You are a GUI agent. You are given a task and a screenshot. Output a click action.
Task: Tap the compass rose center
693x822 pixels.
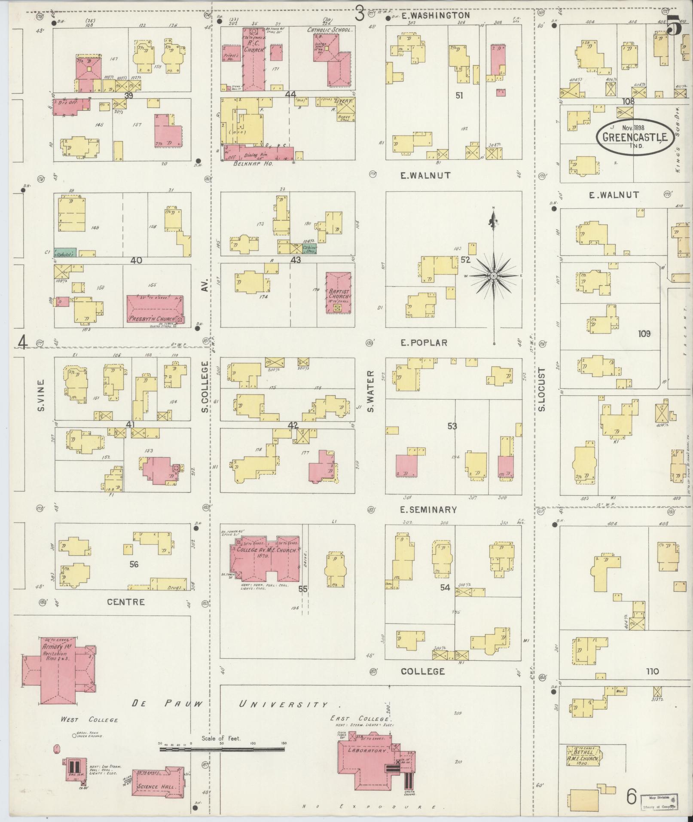(494, 275)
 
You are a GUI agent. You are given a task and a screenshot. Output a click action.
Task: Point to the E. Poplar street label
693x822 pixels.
(424, 342)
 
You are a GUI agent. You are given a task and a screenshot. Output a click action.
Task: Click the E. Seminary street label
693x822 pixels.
(428, 510)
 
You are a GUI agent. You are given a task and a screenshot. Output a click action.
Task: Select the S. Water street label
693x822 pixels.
(371, 391)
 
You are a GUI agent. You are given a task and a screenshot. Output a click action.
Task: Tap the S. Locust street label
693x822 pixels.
(541, 389)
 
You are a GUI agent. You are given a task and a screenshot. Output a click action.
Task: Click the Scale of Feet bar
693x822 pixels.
(222, 749)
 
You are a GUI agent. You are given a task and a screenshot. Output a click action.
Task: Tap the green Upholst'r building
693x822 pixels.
(65, 253)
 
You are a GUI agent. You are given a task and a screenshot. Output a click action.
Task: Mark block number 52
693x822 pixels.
(465, 260)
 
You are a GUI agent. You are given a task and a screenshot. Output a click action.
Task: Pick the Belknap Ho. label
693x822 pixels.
(253, 164)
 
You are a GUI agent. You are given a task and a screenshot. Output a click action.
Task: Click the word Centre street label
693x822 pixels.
(126, 602)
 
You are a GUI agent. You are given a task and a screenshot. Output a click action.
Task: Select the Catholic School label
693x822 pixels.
(330, 30)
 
